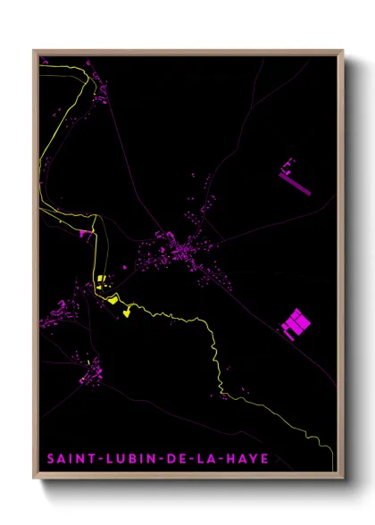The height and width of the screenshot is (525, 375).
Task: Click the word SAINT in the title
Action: pos(69,459)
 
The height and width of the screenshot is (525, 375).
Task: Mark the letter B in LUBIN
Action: pos(123,459)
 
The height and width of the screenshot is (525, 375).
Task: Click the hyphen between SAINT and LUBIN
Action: pos(95,459)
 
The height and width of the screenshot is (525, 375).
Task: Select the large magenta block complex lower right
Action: pos(295,322)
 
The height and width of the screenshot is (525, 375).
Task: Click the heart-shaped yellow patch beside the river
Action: pos(128,312)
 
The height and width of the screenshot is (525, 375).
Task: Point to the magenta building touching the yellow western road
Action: pos(87,234)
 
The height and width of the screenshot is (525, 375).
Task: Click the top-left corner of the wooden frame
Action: pos(34,51)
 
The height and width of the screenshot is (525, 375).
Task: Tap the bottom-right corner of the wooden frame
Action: pos(343,479)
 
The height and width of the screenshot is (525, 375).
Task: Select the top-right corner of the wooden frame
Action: pos(343,51)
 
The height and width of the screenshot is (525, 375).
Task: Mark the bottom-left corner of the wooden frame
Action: pos(34,479)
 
